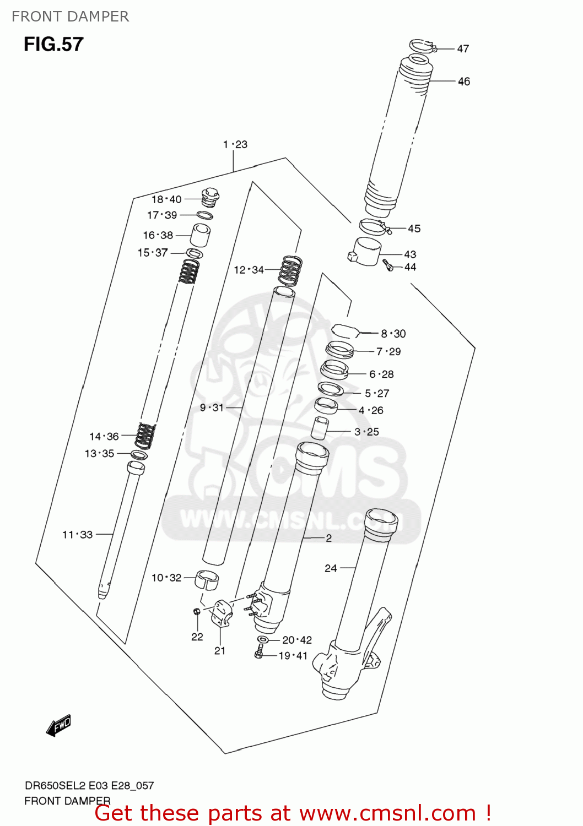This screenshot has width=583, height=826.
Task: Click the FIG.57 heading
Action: pos(53,44)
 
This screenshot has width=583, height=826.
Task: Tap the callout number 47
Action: pos(463,49)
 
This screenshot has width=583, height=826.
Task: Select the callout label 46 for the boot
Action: pos(464,81)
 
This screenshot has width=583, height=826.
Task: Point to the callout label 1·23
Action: pos(235,144)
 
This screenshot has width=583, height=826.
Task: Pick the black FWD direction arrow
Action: pos(59,725)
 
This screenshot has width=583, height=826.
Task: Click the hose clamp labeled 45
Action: pos(374,226)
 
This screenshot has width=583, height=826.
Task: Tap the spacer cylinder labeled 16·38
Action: pos(201,235)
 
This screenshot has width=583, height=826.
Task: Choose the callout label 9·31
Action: pos(212,407)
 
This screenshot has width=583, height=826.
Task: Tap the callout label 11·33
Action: pos(77,534)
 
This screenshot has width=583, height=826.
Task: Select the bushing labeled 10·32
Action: pos(207,580)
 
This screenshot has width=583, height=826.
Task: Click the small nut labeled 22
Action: pos(197,612)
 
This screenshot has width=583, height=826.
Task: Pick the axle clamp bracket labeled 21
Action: pos(222,613)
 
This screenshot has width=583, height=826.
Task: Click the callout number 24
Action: pos(331,568)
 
